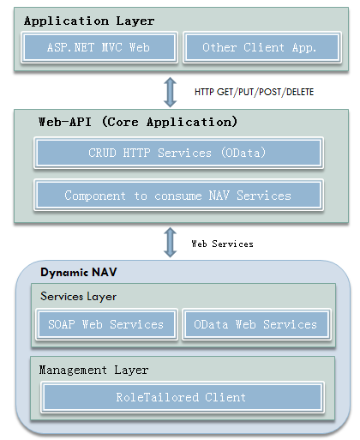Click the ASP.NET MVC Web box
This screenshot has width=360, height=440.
[99, 47]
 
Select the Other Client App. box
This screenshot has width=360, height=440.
[262, 47]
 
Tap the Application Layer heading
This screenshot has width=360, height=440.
[89, 21]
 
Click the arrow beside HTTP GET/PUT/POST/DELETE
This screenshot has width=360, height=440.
[170, 93]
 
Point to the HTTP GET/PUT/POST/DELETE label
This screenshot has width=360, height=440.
[254, 92]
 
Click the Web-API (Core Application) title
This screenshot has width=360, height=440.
[138, 122]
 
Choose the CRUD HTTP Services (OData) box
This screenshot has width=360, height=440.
[178, 153]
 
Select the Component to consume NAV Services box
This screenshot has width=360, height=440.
[178, 196]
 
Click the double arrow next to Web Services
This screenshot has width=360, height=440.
[170, 243]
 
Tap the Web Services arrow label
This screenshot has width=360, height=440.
[222, 244]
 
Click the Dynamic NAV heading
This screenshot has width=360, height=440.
[79, 272]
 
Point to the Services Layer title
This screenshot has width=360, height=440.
[78, 297]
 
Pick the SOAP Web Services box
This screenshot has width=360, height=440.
[106, 324]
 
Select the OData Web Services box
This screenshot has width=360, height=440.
[256, 324]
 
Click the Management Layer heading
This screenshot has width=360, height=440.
[93, 371]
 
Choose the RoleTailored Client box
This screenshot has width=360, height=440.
[183, 397]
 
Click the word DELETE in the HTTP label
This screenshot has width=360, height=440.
[300, 92]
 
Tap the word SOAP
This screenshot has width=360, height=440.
[62, 324]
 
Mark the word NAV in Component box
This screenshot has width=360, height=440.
[219, 196]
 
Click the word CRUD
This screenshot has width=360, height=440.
[102, 153]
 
